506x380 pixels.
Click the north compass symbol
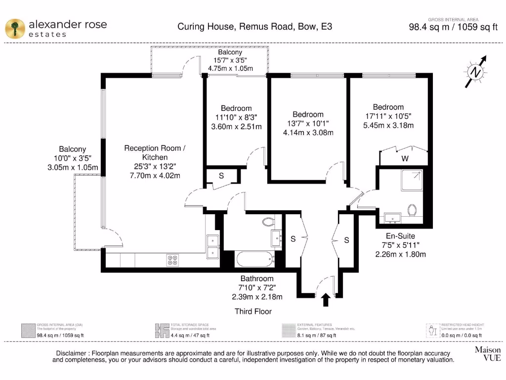pyautogui.click(x=476, y=72)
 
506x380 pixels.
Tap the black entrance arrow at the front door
pyautogui.click(x=325, y=299)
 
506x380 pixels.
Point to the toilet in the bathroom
pyautogui.click(x=270, y=222)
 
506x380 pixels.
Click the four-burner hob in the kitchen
pyautogui.click(x=172, y=260)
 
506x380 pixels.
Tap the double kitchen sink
pyautogui.click(x=213, y=246)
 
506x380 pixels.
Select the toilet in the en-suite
pyautogui.click(x=413, y=210)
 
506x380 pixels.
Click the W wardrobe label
pyautogui.click(x=405, y=159)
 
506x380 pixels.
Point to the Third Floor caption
pyautogui.click(x=253, y=311)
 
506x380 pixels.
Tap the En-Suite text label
pyautogui.click(x=400, y=236)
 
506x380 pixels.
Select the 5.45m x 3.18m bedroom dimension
pyautogui.click(x=388, y=125)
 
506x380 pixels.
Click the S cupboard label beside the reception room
pyautogui.click(x=221, y=176)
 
